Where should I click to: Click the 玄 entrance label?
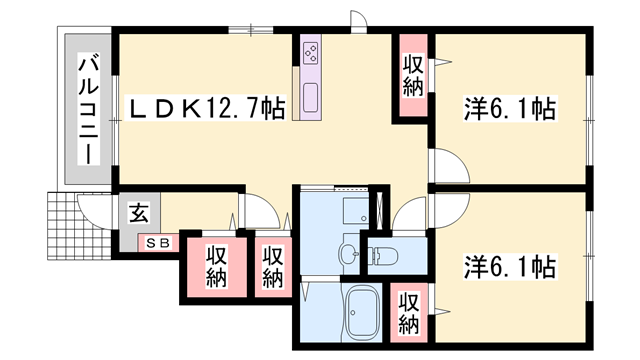click(139, 213)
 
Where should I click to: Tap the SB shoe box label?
click(159, 242)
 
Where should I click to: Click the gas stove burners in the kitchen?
click(309, 50)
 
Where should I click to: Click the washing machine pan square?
click(355, 211)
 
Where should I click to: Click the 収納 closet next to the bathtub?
click(409, 312)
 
